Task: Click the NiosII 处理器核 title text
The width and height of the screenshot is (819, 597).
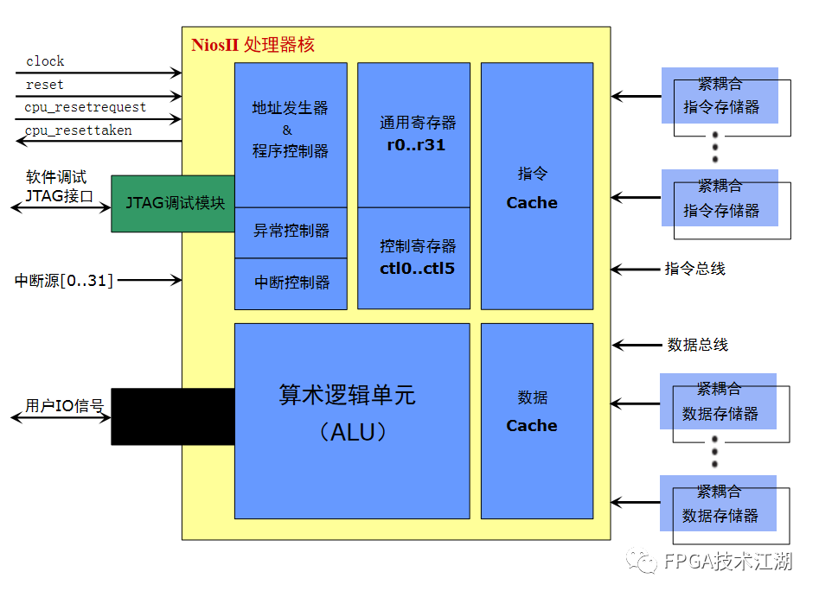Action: (x=253, y=45)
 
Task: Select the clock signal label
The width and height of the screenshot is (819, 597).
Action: (x=45, y=61)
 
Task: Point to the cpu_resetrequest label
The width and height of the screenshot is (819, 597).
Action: (x=85, y=107)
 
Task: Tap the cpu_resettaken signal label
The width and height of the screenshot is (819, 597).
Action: (x=78, y=130)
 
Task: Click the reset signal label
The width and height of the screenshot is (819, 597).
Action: (x=44, y=85)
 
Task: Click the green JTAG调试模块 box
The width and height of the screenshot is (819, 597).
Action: (x=172, y=204)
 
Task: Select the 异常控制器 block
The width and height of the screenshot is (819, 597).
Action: (x=291, y=232)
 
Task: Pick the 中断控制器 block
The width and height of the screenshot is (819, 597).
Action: (x=291, y=283)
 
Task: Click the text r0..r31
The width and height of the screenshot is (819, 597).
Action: (x=416, y=144)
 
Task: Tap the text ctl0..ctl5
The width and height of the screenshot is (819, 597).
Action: (x=417, y=268)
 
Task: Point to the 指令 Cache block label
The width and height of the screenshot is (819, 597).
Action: (x=532, y=187)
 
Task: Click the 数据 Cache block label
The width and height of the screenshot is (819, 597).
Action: (x=532, y=411)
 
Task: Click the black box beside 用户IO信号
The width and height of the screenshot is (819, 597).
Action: (x=173, y=416)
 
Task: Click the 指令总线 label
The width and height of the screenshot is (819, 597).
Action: (x=694, y=269)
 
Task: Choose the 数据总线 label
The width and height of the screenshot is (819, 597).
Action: (x=697, y=345)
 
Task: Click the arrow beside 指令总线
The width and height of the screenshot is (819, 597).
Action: (x=635, y=269)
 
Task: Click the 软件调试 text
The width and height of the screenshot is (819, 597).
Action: (x=56, y=177)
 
